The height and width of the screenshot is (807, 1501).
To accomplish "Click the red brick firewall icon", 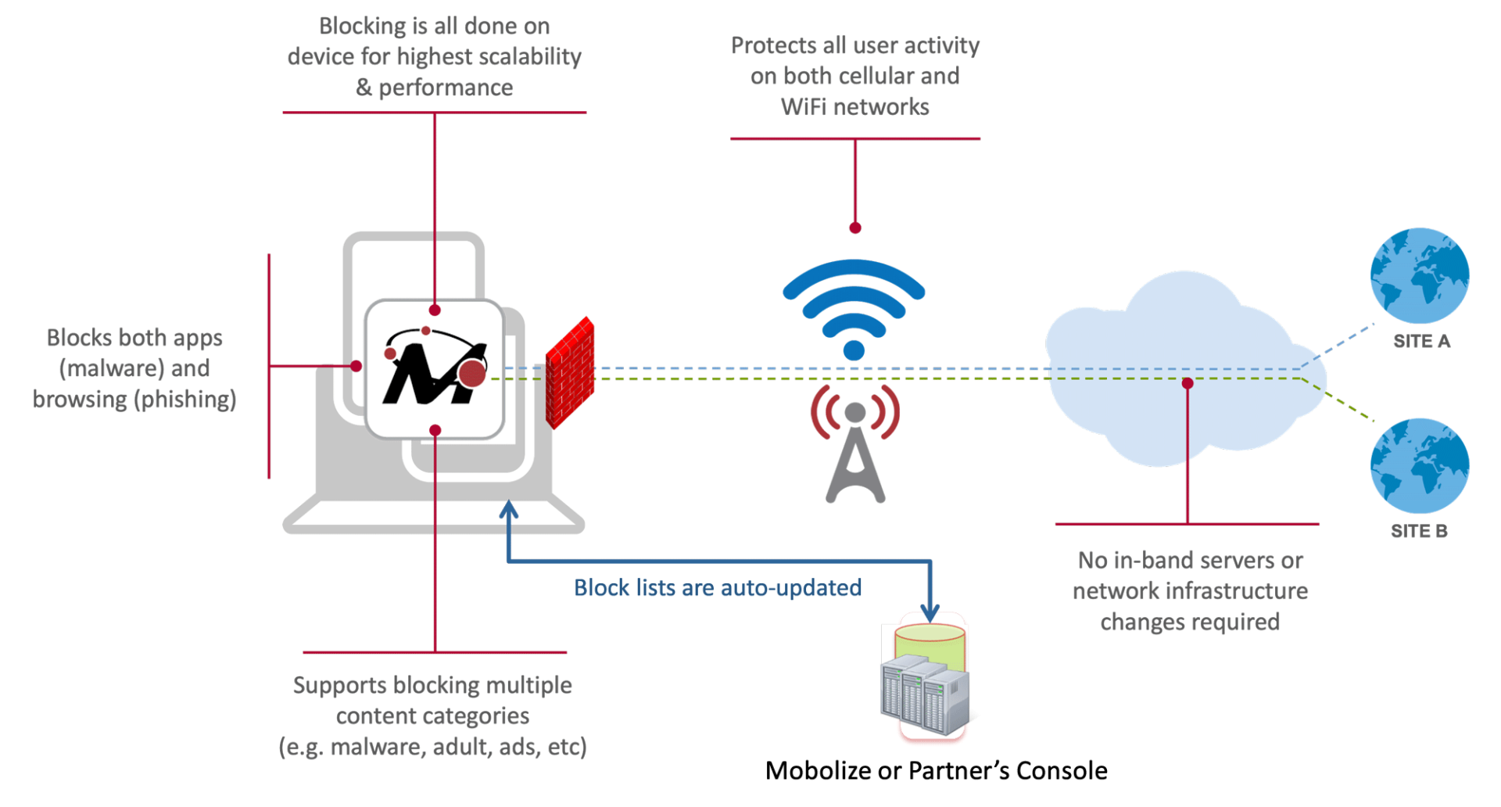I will coord(569,373).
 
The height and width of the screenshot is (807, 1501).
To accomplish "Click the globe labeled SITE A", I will coord(1419,276).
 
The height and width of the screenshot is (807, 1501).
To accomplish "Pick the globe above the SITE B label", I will coord(1419,465).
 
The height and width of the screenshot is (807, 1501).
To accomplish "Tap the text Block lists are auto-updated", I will coord(718,588).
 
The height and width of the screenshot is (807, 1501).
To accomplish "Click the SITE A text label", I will coord(1421,342).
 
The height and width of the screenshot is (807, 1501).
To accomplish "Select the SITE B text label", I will coord(1418,532).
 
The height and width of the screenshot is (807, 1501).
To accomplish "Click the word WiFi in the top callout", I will coord(805,107).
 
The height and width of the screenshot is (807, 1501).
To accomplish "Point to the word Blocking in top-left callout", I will coord(362,27).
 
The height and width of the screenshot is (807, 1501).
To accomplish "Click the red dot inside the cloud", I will coord(1188,383).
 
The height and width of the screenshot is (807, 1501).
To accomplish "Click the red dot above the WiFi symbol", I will coord(855,228).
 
